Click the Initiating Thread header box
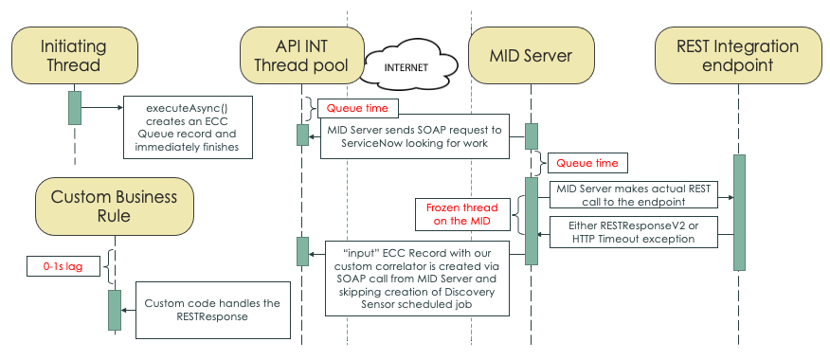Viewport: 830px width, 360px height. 74,56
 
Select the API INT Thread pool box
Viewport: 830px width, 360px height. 301,56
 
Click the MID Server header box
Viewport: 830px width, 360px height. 532,56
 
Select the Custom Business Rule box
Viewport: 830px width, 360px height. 114,207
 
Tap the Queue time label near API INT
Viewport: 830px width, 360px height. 357,108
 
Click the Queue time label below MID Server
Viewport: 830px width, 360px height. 586,163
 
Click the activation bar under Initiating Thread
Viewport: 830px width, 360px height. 74,107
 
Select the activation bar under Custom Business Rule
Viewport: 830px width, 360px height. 114,310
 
